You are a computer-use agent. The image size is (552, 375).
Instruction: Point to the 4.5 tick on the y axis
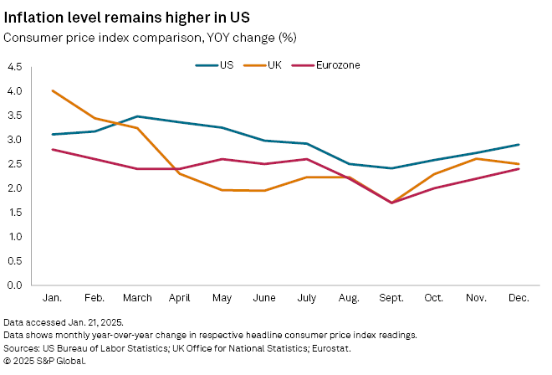coord(15,67)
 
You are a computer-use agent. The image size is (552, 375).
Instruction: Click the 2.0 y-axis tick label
coord(15,188)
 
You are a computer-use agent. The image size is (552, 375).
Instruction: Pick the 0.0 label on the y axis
coord(15,285)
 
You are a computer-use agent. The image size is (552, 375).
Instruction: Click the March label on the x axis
coord(137,298)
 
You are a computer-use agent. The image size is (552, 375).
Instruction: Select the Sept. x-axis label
coord(391,298)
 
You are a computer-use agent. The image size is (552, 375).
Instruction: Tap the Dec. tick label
coord(519,298)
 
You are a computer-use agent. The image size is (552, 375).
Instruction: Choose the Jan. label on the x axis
coord(53,298)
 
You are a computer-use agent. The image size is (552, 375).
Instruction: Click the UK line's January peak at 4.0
coord(53,90)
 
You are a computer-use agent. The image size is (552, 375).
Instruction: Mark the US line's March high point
coord(137,116)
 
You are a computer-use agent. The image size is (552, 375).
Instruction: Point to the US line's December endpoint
coord(519,145)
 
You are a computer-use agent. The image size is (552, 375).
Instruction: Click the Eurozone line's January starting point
coord(53,149)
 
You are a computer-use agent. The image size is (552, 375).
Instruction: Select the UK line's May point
coord(222,190)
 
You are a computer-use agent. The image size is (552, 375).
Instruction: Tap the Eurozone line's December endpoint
coord(519,169)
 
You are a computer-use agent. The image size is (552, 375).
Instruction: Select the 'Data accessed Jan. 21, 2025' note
coord(63,322)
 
